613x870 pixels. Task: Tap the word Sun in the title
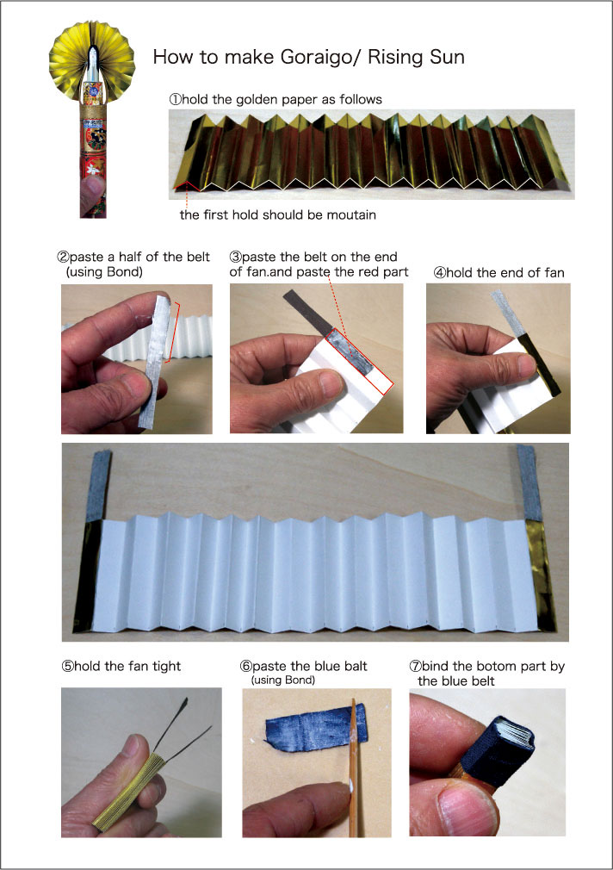pyautogui.click(x=447, y=57)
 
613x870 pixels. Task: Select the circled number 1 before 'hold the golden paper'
pyautogui.click(x=176, y=100)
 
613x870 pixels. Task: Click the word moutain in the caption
pyautogui.click(x=350, y=214)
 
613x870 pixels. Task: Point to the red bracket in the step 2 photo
pyautogui.click(x=175, y=332)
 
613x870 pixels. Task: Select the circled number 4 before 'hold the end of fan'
pyautogui.click(x=439, y=273)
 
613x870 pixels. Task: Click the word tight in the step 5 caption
pyautogui.click(x=166, y=667)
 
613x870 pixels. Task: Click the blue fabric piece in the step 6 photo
pyautogui.click(x=316, y=727)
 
